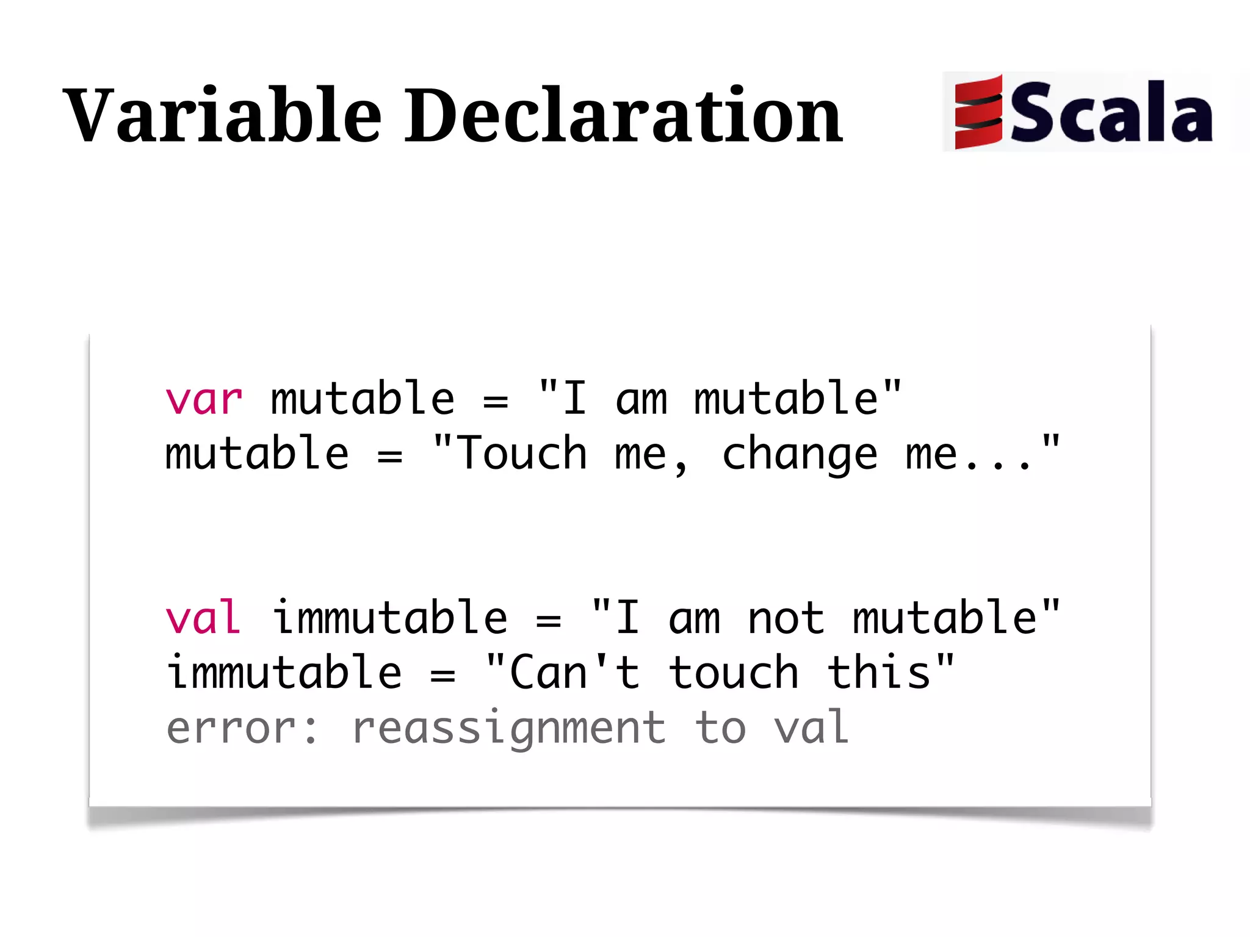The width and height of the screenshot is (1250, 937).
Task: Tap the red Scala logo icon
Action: (978, 112)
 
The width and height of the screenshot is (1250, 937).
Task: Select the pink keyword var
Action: (204, 400)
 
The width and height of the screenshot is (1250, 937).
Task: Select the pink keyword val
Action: (203, 618)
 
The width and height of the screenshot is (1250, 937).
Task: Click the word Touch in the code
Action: (522, 454)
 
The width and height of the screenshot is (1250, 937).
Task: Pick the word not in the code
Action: (786, 618)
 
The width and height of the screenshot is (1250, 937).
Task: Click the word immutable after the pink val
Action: (389, 618)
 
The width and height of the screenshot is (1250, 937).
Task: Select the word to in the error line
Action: (720, 728)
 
